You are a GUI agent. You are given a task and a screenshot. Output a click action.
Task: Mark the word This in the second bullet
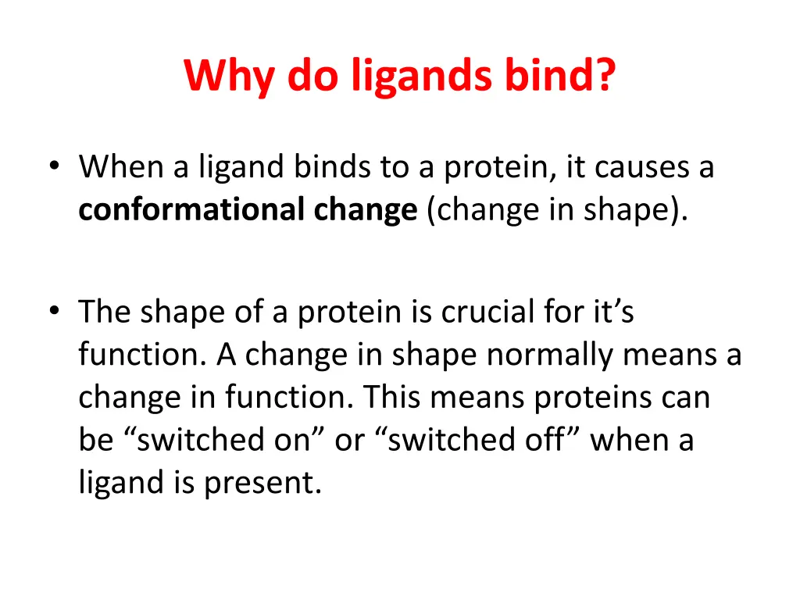[x=392, y=398]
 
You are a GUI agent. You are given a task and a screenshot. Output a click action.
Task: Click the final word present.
[x=263, y=483]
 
